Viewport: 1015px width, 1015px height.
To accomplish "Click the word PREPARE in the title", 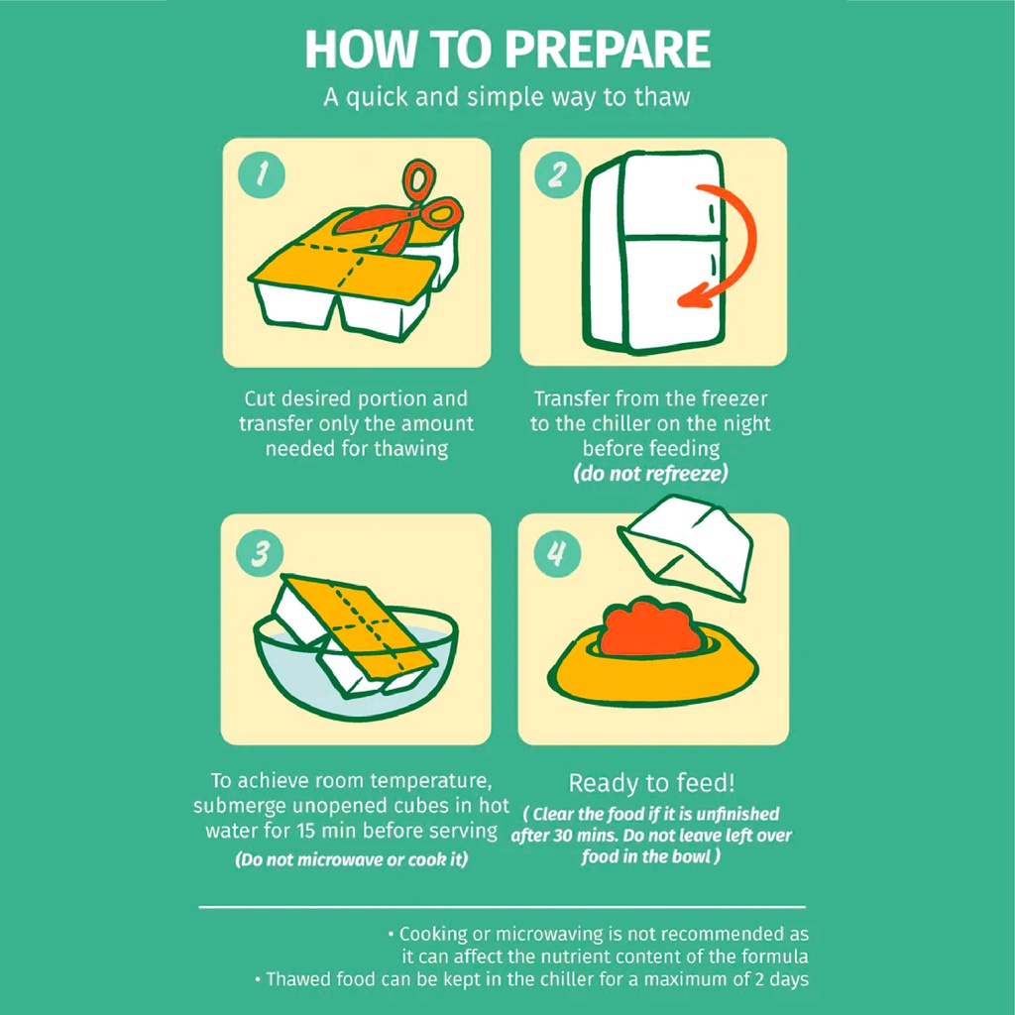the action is [608, 50].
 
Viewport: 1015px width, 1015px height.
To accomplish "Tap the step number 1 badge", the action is [261, 173].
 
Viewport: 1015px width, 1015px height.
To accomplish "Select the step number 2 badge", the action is [558, 173].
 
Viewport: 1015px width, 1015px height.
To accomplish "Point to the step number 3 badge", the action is [261, 553].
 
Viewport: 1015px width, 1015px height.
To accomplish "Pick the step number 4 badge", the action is [557, 553].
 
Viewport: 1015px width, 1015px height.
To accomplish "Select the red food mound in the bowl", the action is [650, 627].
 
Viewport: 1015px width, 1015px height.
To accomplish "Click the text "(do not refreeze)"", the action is [650, 473].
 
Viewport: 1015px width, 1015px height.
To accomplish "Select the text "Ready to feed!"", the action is [652, 783].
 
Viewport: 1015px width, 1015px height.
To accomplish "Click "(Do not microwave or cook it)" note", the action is [352, 859].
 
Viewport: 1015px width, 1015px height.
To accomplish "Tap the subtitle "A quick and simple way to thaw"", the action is [507, 97].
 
